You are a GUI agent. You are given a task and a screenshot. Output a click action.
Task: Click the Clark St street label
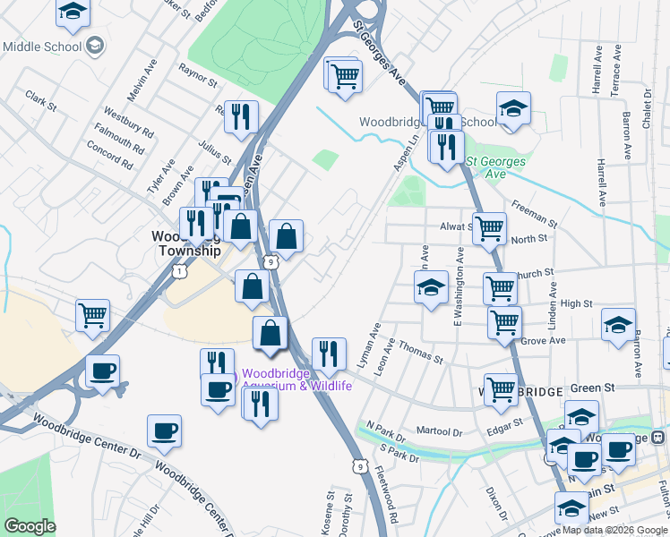pyautogui.click(x=41, y=100)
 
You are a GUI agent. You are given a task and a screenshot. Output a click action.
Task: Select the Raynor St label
pyautogui.click(x=198, y=74)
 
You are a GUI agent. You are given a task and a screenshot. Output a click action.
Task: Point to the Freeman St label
pyautogui.click(x=535, y=213)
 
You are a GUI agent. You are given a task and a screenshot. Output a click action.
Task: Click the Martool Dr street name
pyautogui.click(x=439, y=432)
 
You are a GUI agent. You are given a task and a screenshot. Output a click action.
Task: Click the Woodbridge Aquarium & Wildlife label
pyautogui.click(x=296, y=379)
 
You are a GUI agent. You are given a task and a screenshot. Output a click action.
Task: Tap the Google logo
pyautogui.click(x=30, y=525)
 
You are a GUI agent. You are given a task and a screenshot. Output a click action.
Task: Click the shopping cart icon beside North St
pyautogui.click(x=489, y=228)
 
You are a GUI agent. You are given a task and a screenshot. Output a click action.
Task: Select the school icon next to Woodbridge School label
pyautogui.click(x=513, y=108)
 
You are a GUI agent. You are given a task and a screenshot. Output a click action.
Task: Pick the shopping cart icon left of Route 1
pyautogui.click(x=92, y=315)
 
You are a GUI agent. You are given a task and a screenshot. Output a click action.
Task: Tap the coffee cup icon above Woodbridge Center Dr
pyautogui.click(x=164, y=430)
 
